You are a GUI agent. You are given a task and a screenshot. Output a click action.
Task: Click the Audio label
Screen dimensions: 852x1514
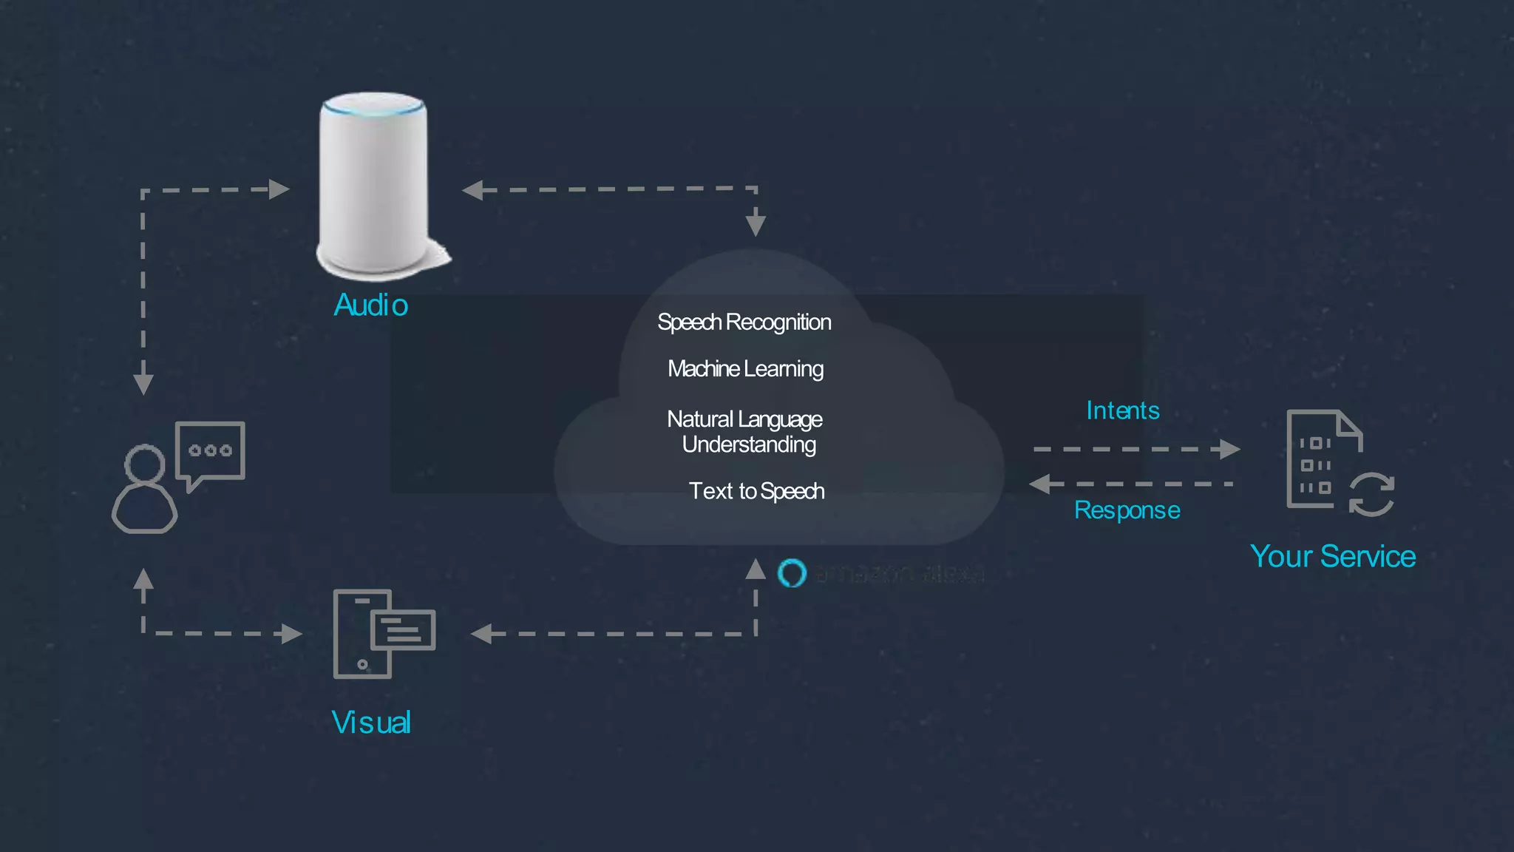[x=370, y=305]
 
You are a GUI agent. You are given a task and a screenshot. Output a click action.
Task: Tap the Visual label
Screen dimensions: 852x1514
[x=371, y=723]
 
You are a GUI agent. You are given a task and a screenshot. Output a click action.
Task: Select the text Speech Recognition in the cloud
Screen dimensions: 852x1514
[x=744, y=322]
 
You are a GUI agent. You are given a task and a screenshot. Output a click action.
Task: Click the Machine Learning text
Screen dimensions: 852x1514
[x=745, y=368]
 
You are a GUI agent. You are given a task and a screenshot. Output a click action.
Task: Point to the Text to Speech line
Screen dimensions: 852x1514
[x=756, y=491]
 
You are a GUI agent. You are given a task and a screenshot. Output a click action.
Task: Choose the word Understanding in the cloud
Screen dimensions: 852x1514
[x=748, y=444]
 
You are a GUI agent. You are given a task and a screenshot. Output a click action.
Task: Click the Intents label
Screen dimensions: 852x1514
[x=1122, y=410]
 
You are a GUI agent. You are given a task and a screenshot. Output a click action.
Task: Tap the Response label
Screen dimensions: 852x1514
[x=1127, y=510]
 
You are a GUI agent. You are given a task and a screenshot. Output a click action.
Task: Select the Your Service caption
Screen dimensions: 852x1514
[x=1332, y=556]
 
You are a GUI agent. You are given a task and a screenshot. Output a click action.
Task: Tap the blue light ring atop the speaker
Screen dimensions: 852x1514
[x=373, y=108]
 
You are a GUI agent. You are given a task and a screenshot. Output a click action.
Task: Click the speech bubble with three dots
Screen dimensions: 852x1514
[x=210, y=451]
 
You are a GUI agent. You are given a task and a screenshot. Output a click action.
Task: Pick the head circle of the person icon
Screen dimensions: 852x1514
[x=144, y=464]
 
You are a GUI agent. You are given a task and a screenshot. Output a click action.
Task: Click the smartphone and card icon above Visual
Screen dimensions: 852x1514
[x=384, y=633]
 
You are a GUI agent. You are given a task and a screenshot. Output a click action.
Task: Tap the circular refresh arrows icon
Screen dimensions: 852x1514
[x=1371, y=494]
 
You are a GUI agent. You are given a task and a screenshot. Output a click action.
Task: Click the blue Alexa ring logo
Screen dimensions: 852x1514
[x=792, y=573]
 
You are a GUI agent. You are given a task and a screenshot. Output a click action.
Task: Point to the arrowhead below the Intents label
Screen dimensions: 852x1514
[x=1229, y=449]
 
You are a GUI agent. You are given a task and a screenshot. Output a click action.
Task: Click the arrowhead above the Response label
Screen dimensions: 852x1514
[x=1040, y=484]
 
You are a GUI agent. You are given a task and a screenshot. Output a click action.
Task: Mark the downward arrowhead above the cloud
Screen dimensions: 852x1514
[x=755, y=221]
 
